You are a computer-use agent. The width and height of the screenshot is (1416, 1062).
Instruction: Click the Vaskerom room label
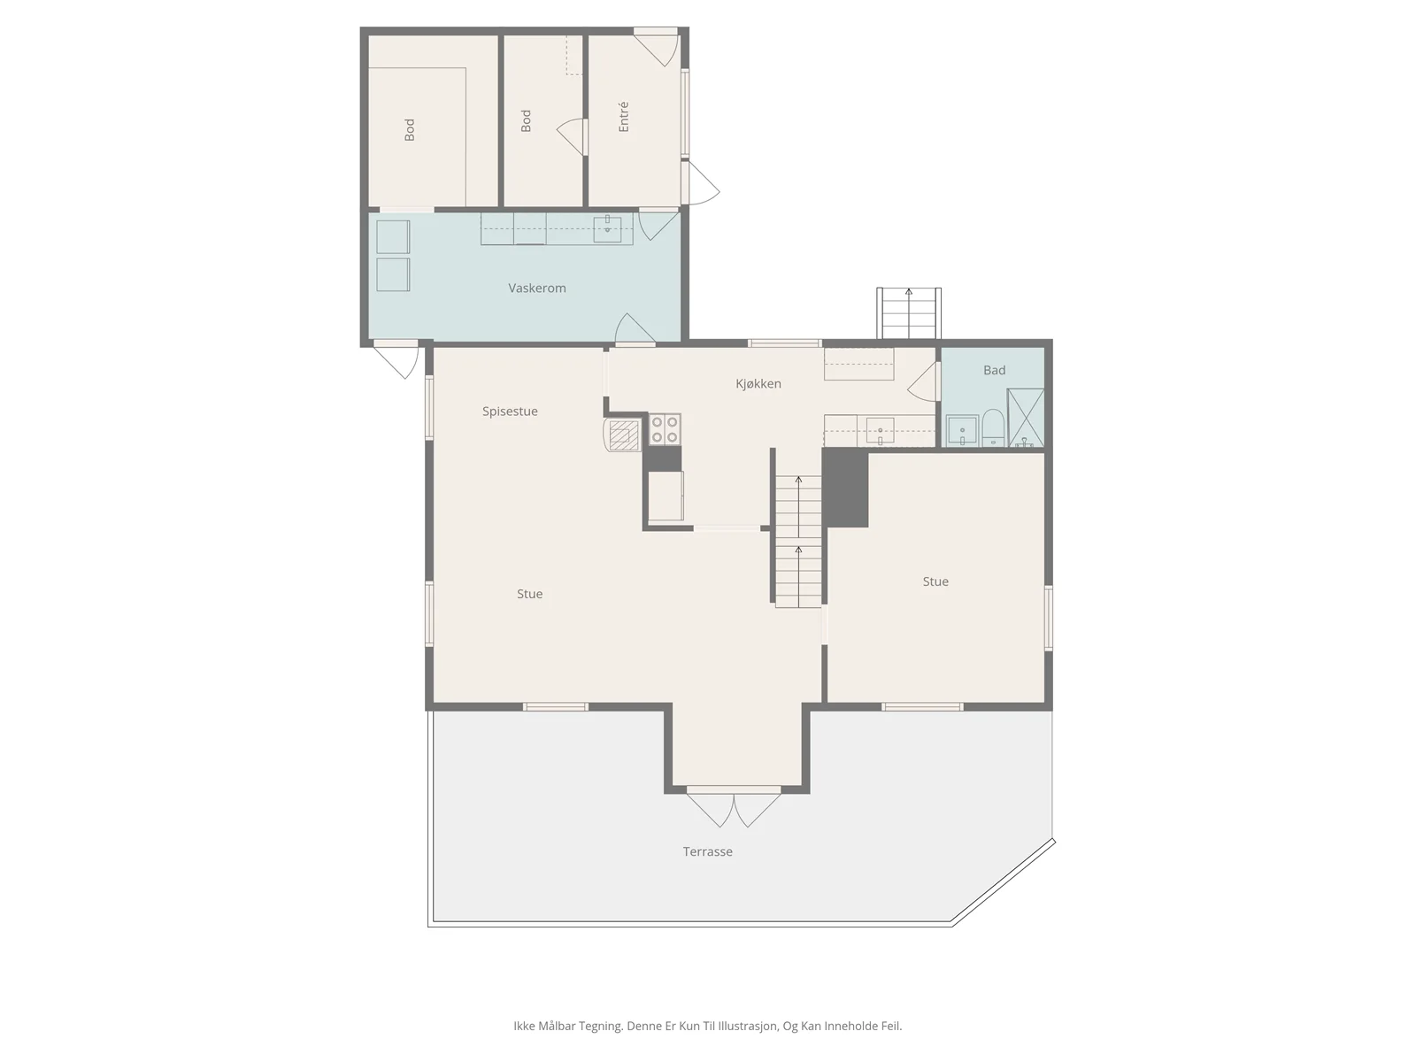pos(536,289)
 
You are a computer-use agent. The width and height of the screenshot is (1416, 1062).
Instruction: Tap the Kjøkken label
pos(758,384)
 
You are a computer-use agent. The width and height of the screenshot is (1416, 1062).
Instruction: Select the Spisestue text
pos(510,412)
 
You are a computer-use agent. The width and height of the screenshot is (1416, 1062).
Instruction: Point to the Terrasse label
pos(708,851)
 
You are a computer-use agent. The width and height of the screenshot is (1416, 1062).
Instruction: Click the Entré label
pos(623,117)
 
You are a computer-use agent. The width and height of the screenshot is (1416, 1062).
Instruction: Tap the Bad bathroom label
pos(994,370)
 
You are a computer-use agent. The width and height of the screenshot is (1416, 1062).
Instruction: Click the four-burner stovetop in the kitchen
pos(665,429)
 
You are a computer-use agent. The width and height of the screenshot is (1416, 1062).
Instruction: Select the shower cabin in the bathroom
pos(1025,417)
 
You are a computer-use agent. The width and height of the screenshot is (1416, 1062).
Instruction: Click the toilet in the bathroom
pos(993,427)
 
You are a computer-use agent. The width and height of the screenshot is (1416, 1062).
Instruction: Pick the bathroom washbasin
pos(962,431)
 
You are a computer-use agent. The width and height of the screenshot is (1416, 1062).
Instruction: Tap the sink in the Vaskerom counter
pos(607,229)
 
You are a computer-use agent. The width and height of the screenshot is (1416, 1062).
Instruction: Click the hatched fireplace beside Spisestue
pos(621,435)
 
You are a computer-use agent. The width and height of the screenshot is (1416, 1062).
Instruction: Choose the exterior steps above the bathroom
pos(908,313)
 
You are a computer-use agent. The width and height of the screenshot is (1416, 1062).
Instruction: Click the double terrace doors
pos(734,806)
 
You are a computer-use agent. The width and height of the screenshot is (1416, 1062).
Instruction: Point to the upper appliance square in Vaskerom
pos(393,236)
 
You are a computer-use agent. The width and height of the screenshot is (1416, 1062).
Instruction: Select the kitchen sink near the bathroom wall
pos(880,431)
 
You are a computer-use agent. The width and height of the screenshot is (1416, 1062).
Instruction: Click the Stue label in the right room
pos(935,581)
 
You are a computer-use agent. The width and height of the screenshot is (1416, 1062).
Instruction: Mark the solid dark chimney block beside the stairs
pos(845,489)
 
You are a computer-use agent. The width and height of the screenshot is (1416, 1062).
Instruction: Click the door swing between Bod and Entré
pos(572,136)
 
